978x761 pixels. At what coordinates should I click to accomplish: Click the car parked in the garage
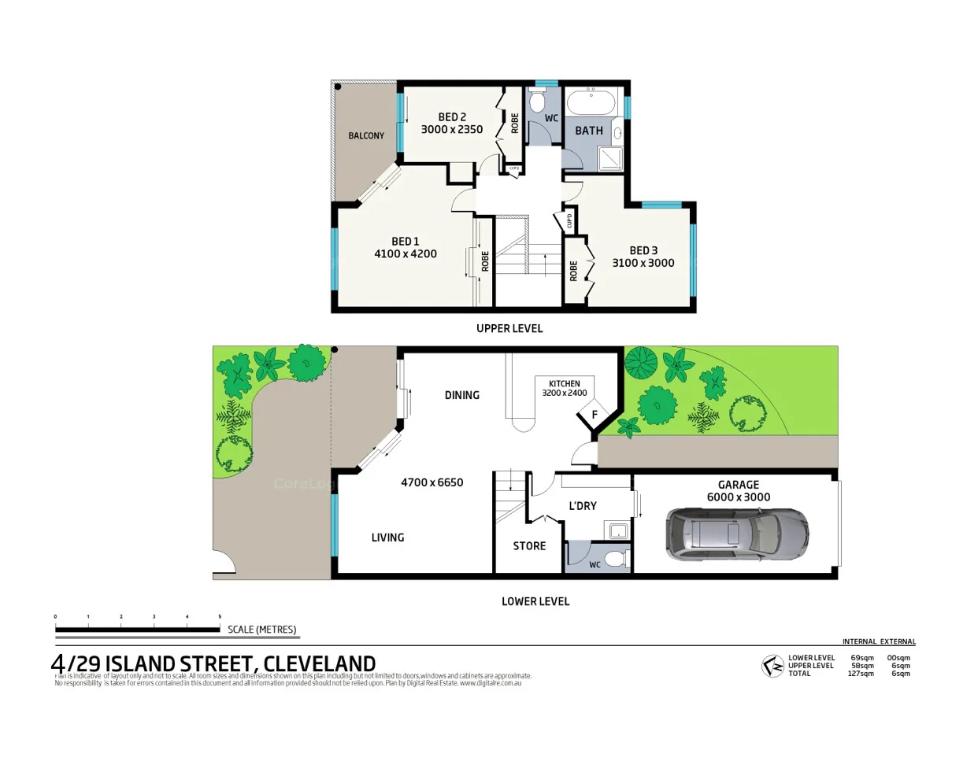pyautogui.click(x=737, y=535)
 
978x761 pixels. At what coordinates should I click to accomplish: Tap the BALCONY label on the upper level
pyautogui.click(x=366, y=136)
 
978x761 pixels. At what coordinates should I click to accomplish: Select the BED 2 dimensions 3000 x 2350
pyautogui.click(x=451, y=130)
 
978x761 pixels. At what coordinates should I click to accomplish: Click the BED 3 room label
pyautogui.click(x=643, y=250)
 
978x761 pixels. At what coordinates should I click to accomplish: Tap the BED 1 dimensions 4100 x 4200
pyautogui.click(x=405, y=254)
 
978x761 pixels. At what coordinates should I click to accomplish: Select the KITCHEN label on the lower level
pyautogui.click(x=564, y=383)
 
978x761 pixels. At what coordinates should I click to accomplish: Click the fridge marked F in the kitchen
pyautogui.click(x=595, y=415)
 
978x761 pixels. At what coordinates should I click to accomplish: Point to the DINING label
pyautogui.click(x=461, y=395)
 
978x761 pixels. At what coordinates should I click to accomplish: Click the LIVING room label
pyautogui.click(x=387, y=538)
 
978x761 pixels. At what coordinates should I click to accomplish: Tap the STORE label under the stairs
pyautogui.click(x=529, y=546)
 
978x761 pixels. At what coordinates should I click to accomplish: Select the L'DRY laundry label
pyautogui.click(x=583, y=506)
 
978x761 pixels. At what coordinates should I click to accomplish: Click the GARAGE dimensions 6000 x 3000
pyautogui.click(x=738, y=497)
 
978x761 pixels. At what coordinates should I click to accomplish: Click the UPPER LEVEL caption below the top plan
pyautogui.click(x=509, y=328)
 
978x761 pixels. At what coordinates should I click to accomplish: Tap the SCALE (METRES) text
pyautogui.click(x=261, y=630)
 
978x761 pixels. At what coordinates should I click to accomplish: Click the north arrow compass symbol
pyautogui.click(x=772, y=666)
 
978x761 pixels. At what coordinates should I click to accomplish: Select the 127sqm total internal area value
pyautogui.click(x=861, y=674)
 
